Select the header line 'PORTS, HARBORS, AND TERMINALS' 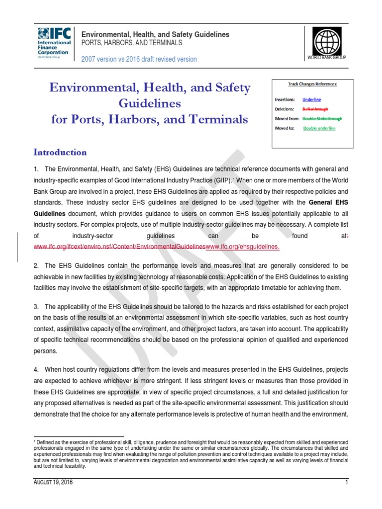click(x=132, y=43)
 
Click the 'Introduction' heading click(x=60, y=152)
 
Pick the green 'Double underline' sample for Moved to click(x=319, y=128)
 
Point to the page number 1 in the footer click(x=347, y=482)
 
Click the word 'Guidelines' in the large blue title click(x=150, y=104)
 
